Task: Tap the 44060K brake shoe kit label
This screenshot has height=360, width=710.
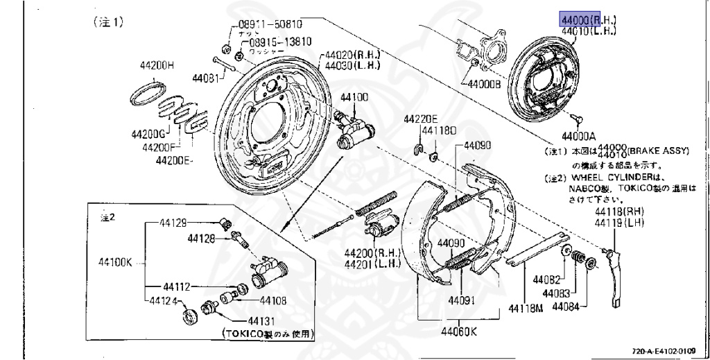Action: pyautogui.click(x=460, y=331)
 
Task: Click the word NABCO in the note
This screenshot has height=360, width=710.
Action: pyautogui.click(x=587, y=187)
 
